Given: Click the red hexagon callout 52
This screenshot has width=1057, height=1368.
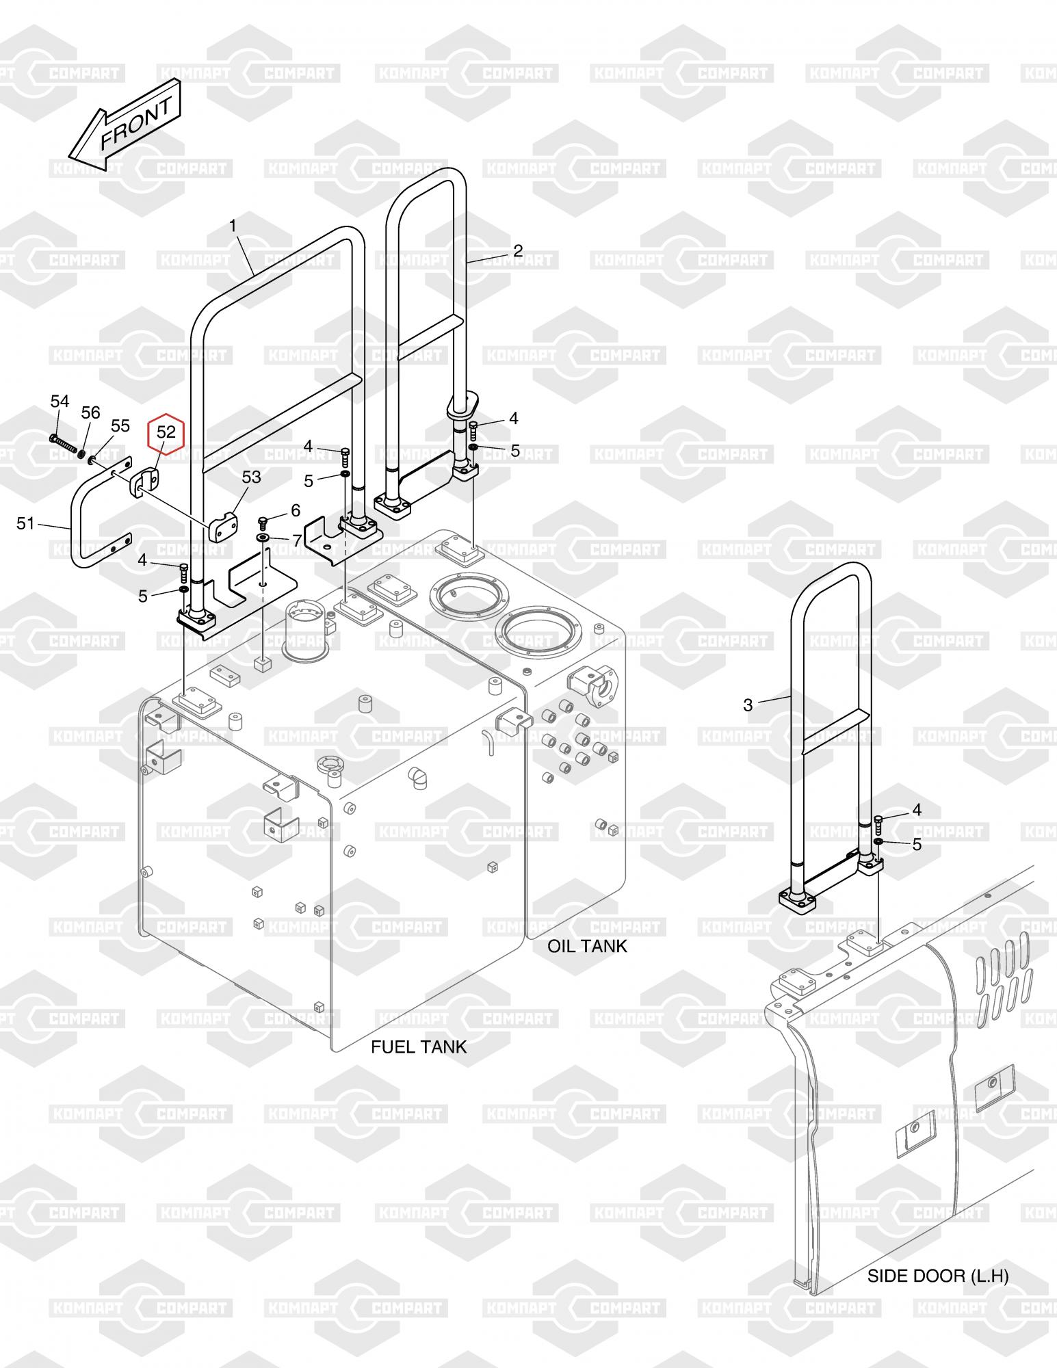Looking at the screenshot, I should [166, 432].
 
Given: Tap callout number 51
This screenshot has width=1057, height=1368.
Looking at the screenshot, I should [25, 523].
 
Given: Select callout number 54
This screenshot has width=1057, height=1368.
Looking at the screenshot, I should [60, 402].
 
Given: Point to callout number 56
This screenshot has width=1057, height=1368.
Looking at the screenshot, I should [90, 412].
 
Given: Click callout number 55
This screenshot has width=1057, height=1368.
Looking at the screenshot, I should [120, 426].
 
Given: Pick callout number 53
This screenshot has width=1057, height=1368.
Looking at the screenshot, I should [252, 477].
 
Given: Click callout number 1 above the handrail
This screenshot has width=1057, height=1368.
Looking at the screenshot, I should [233, 225].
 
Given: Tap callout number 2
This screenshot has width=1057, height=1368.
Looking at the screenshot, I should [518, 250].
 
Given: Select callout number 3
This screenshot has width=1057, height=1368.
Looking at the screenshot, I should [748, 705].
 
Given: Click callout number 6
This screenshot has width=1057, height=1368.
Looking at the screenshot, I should [295, 510].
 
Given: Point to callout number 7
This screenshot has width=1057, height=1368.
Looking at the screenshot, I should [296, 541].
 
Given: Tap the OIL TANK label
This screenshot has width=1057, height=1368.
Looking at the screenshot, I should [587, 946].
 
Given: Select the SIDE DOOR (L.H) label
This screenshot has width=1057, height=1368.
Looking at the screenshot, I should [938, 1276].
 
